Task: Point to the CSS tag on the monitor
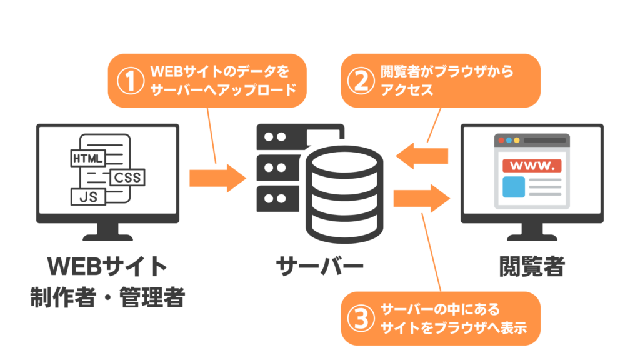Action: click(127, 177)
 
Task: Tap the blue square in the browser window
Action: click(514, 187)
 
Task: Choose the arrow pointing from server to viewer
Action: click(422, 199)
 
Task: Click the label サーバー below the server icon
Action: click(320, 267)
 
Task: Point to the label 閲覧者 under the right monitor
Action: click(531, 267)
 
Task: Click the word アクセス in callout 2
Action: click(407, 90)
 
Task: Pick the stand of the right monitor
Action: click(531, 234)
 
